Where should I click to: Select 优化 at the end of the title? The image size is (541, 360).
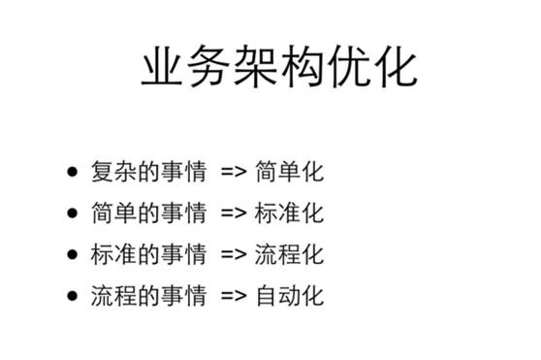pyautogui.click(x=372, y=69)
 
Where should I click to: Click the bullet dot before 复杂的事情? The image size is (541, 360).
pyautogui.click(x=73, y=174)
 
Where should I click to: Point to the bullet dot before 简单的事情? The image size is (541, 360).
pyautogui.click(x=73, y=213)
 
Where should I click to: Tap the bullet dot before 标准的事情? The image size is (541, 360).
pyautogui.click(x=73, y=254)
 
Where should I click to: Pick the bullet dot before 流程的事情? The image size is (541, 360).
pyautogui.click(x=73, y=295)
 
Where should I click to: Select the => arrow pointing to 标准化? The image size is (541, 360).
pyautogui.click(x=234, y=214)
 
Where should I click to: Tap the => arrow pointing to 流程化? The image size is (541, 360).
pyautogui.click(x=234, y=255)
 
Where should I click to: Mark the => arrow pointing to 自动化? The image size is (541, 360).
pyautogui.click(x=234, y=296)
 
